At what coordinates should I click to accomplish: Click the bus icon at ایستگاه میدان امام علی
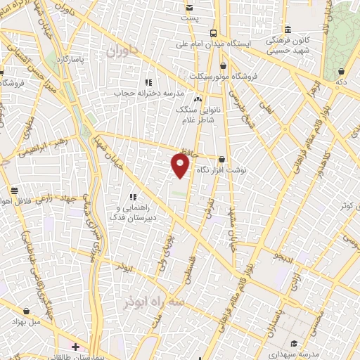[213, 32]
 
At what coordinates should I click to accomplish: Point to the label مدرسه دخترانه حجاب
[150, 92]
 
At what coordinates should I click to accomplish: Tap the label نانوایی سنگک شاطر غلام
[202, 112]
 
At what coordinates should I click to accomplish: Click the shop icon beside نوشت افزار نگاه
[222, 160]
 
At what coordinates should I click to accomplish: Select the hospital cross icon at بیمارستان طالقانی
[75, 347]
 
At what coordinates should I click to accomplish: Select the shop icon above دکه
[341, 71]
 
